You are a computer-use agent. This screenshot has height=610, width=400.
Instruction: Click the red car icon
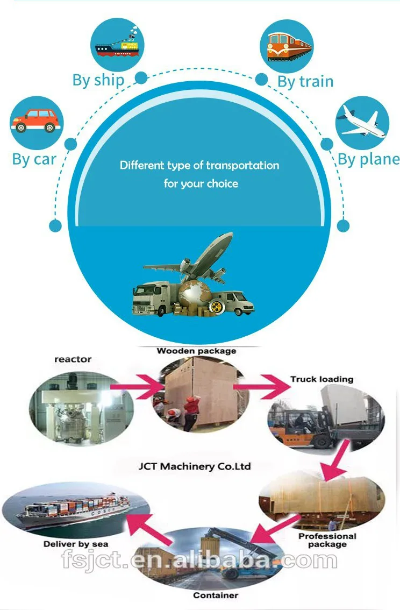(x=36, y=120)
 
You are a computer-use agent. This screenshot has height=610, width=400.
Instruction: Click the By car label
(x=34, y=160)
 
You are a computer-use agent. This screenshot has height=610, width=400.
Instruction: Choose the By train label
(x=305, y=81)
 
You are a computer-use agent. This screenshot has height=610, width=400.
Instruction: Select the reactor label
(x=73, y=359)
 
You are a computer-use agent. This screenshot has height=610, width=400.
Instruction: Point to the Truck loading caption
(x=322, y=379)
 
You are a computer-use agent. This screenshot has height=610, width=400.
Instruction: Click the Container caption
(x=216, y=595)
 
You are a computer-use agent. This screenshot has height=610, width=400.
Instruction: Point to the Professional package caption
(x=327, y=540)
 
